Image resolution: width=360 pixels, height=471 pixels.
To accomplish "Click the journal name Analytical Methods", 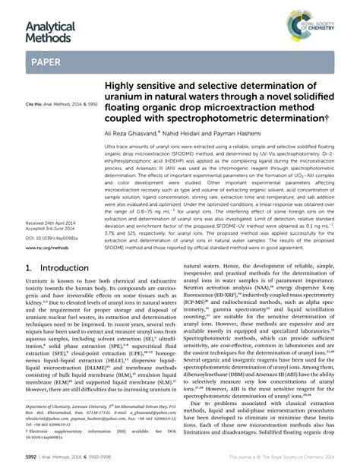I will pyautogui.click(x=49, y=31).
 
